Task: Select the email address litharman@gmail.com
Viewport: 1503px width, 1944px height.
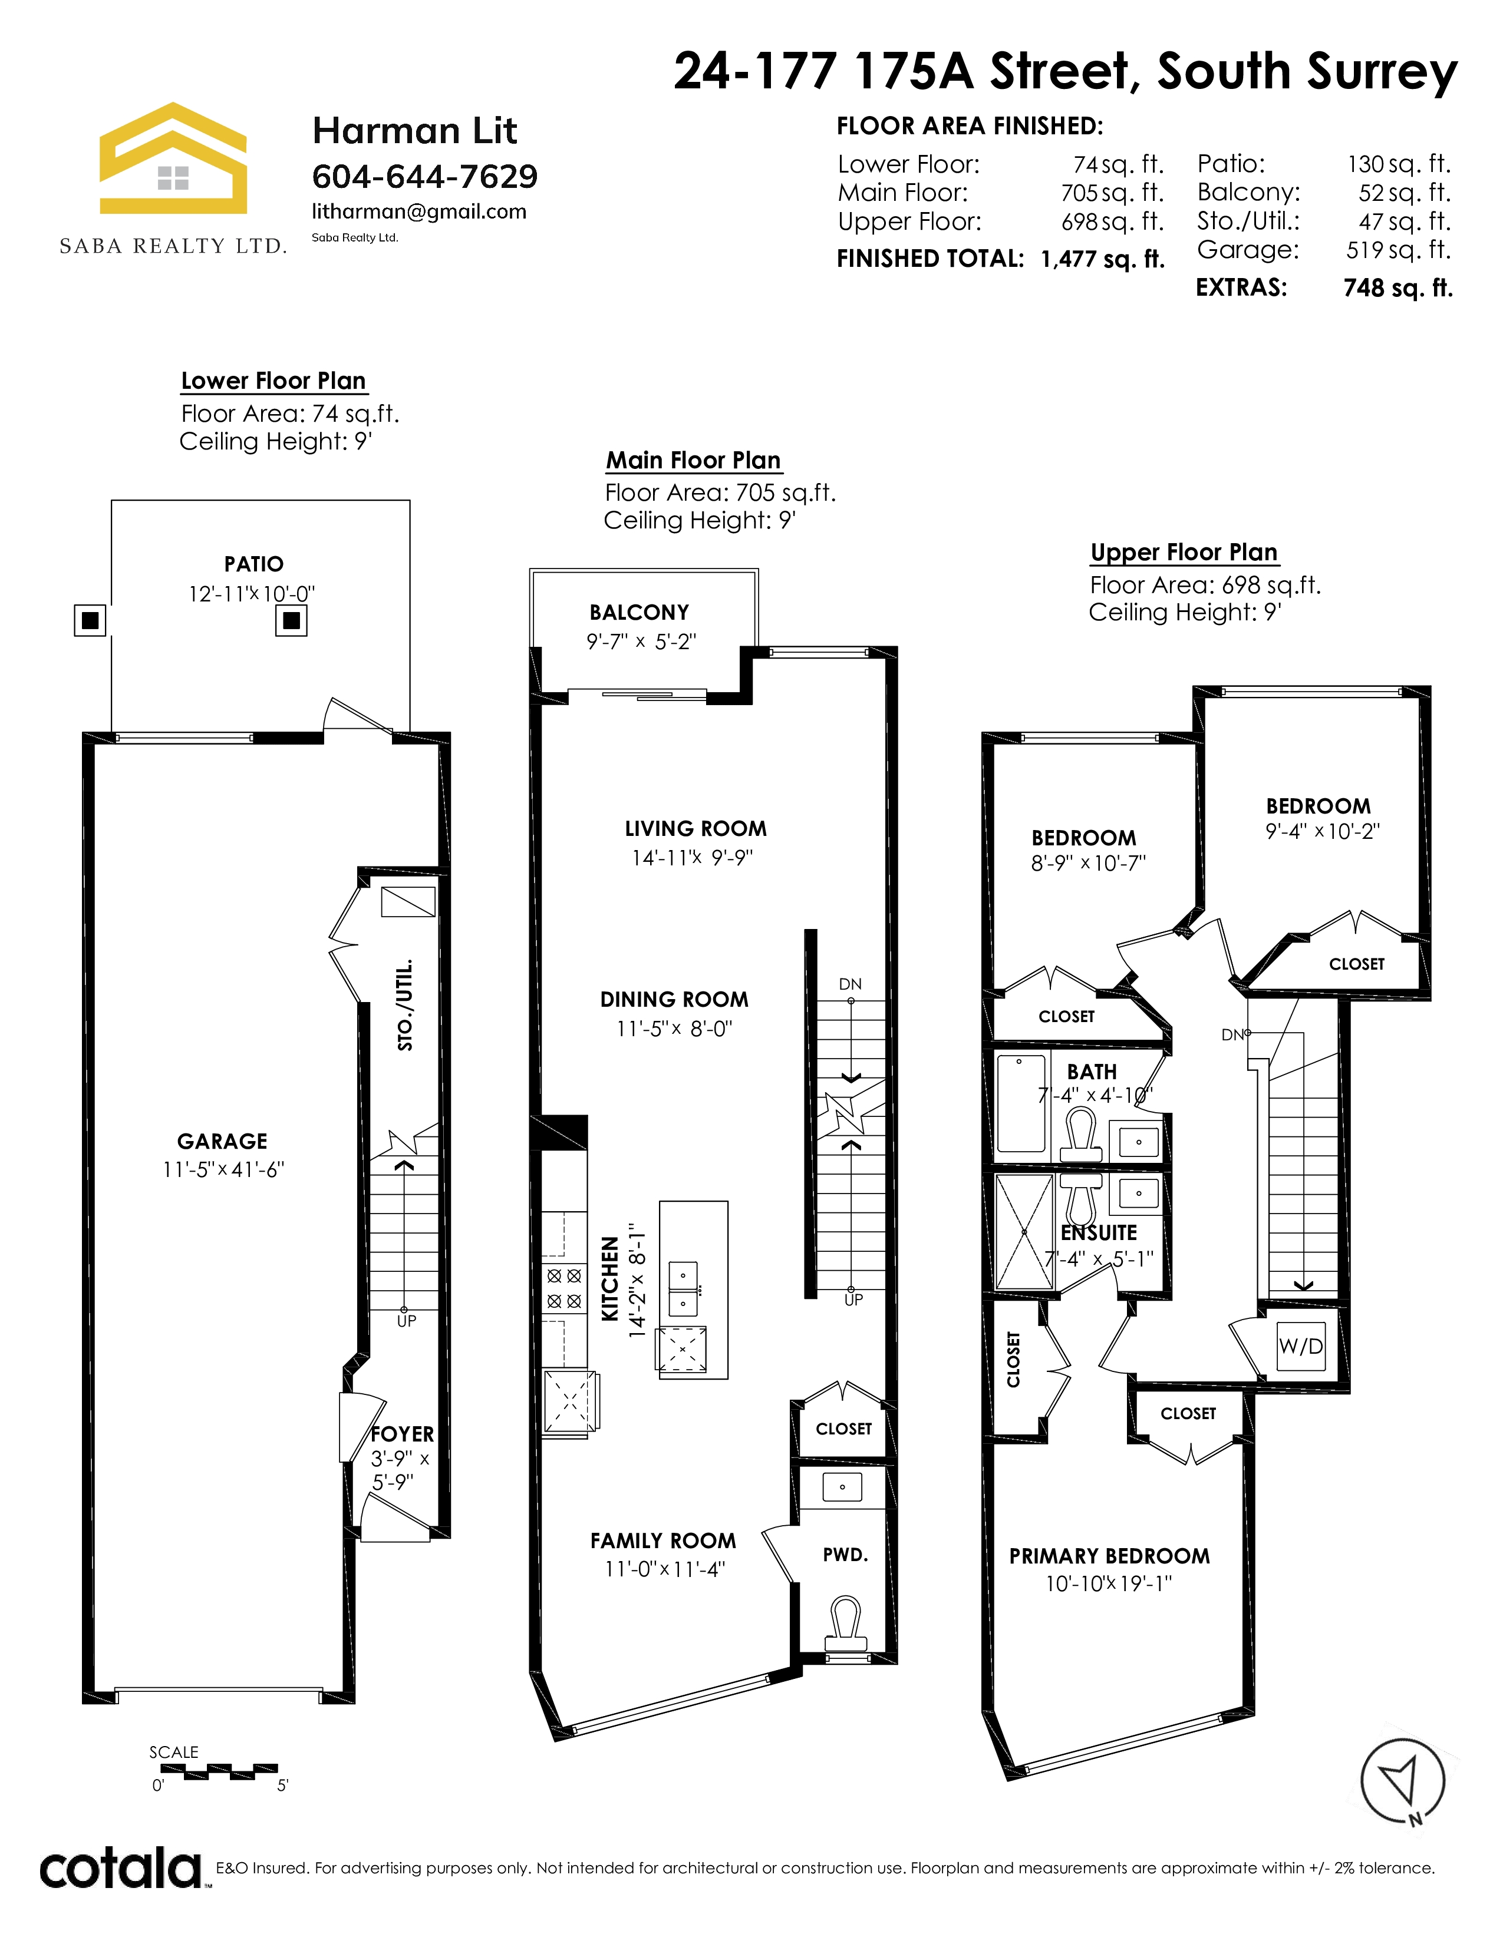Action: [418, 212]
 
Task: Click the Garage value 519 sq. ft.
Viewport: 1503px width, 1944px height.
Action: [1398, 250]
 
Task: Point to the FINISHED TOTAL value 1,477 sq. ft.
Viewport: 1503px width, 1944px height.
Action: [1102, 259]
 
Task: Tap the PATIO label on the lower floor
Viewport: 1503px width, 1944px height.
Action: [254, 564]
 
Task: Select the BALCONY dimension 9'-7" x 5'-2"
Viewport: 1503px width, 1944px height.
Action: [641, 642]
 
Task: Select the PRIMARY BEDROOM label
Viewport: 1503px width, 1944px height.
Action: [1109, 1556]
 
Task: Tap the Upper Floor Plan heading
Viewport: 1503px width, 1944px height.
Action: [1184, 553]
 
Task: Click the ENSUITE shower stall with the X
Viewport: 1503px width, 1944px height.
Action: [1024, 1232]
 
